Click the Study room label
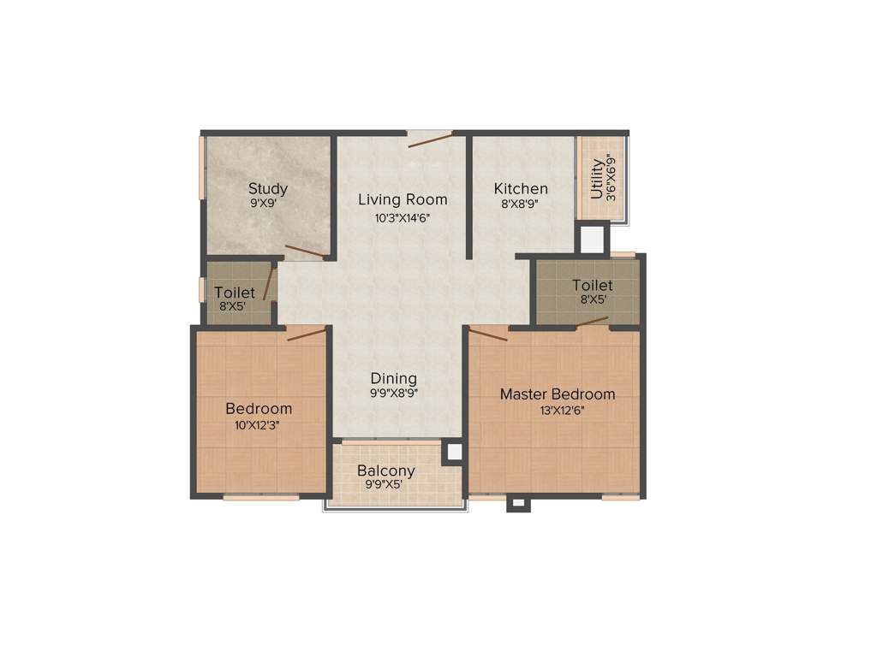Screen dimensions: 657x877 click(267, 189)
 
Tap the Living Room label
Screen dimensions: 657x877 click(403, 199)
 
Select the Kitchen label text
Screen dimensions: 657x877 click(521, 189)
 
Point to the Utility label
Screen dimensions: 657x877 click(597, 178)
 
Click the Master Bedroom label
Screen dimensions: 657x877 click(558, 394)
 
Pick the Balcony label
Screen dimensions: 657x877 click(386, 471)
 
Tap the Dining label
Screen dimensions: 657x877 click(394, 378)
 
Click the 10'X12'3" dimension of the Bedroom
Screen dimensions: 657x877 click(259, 424)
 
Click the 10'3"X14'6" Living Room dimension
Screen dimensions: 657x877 click(403, 217)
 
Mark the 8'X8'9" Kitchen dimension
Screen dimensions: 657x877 click(521, 204)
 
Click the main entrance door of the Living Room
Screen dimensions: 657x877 click(430, 139)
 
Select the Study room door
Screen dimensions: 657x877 click(305, 252)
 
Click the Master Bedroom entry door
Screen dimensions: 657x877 click(488, 334)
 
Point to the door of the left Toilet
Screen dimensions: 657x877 click(268, 283)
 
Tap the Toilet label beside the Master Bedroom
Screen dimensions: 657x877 click(592, 285)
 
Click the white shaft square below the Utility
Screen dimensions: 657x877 click(592, 240)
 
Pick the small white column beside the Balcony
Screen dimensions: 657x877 click(452, 452)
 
